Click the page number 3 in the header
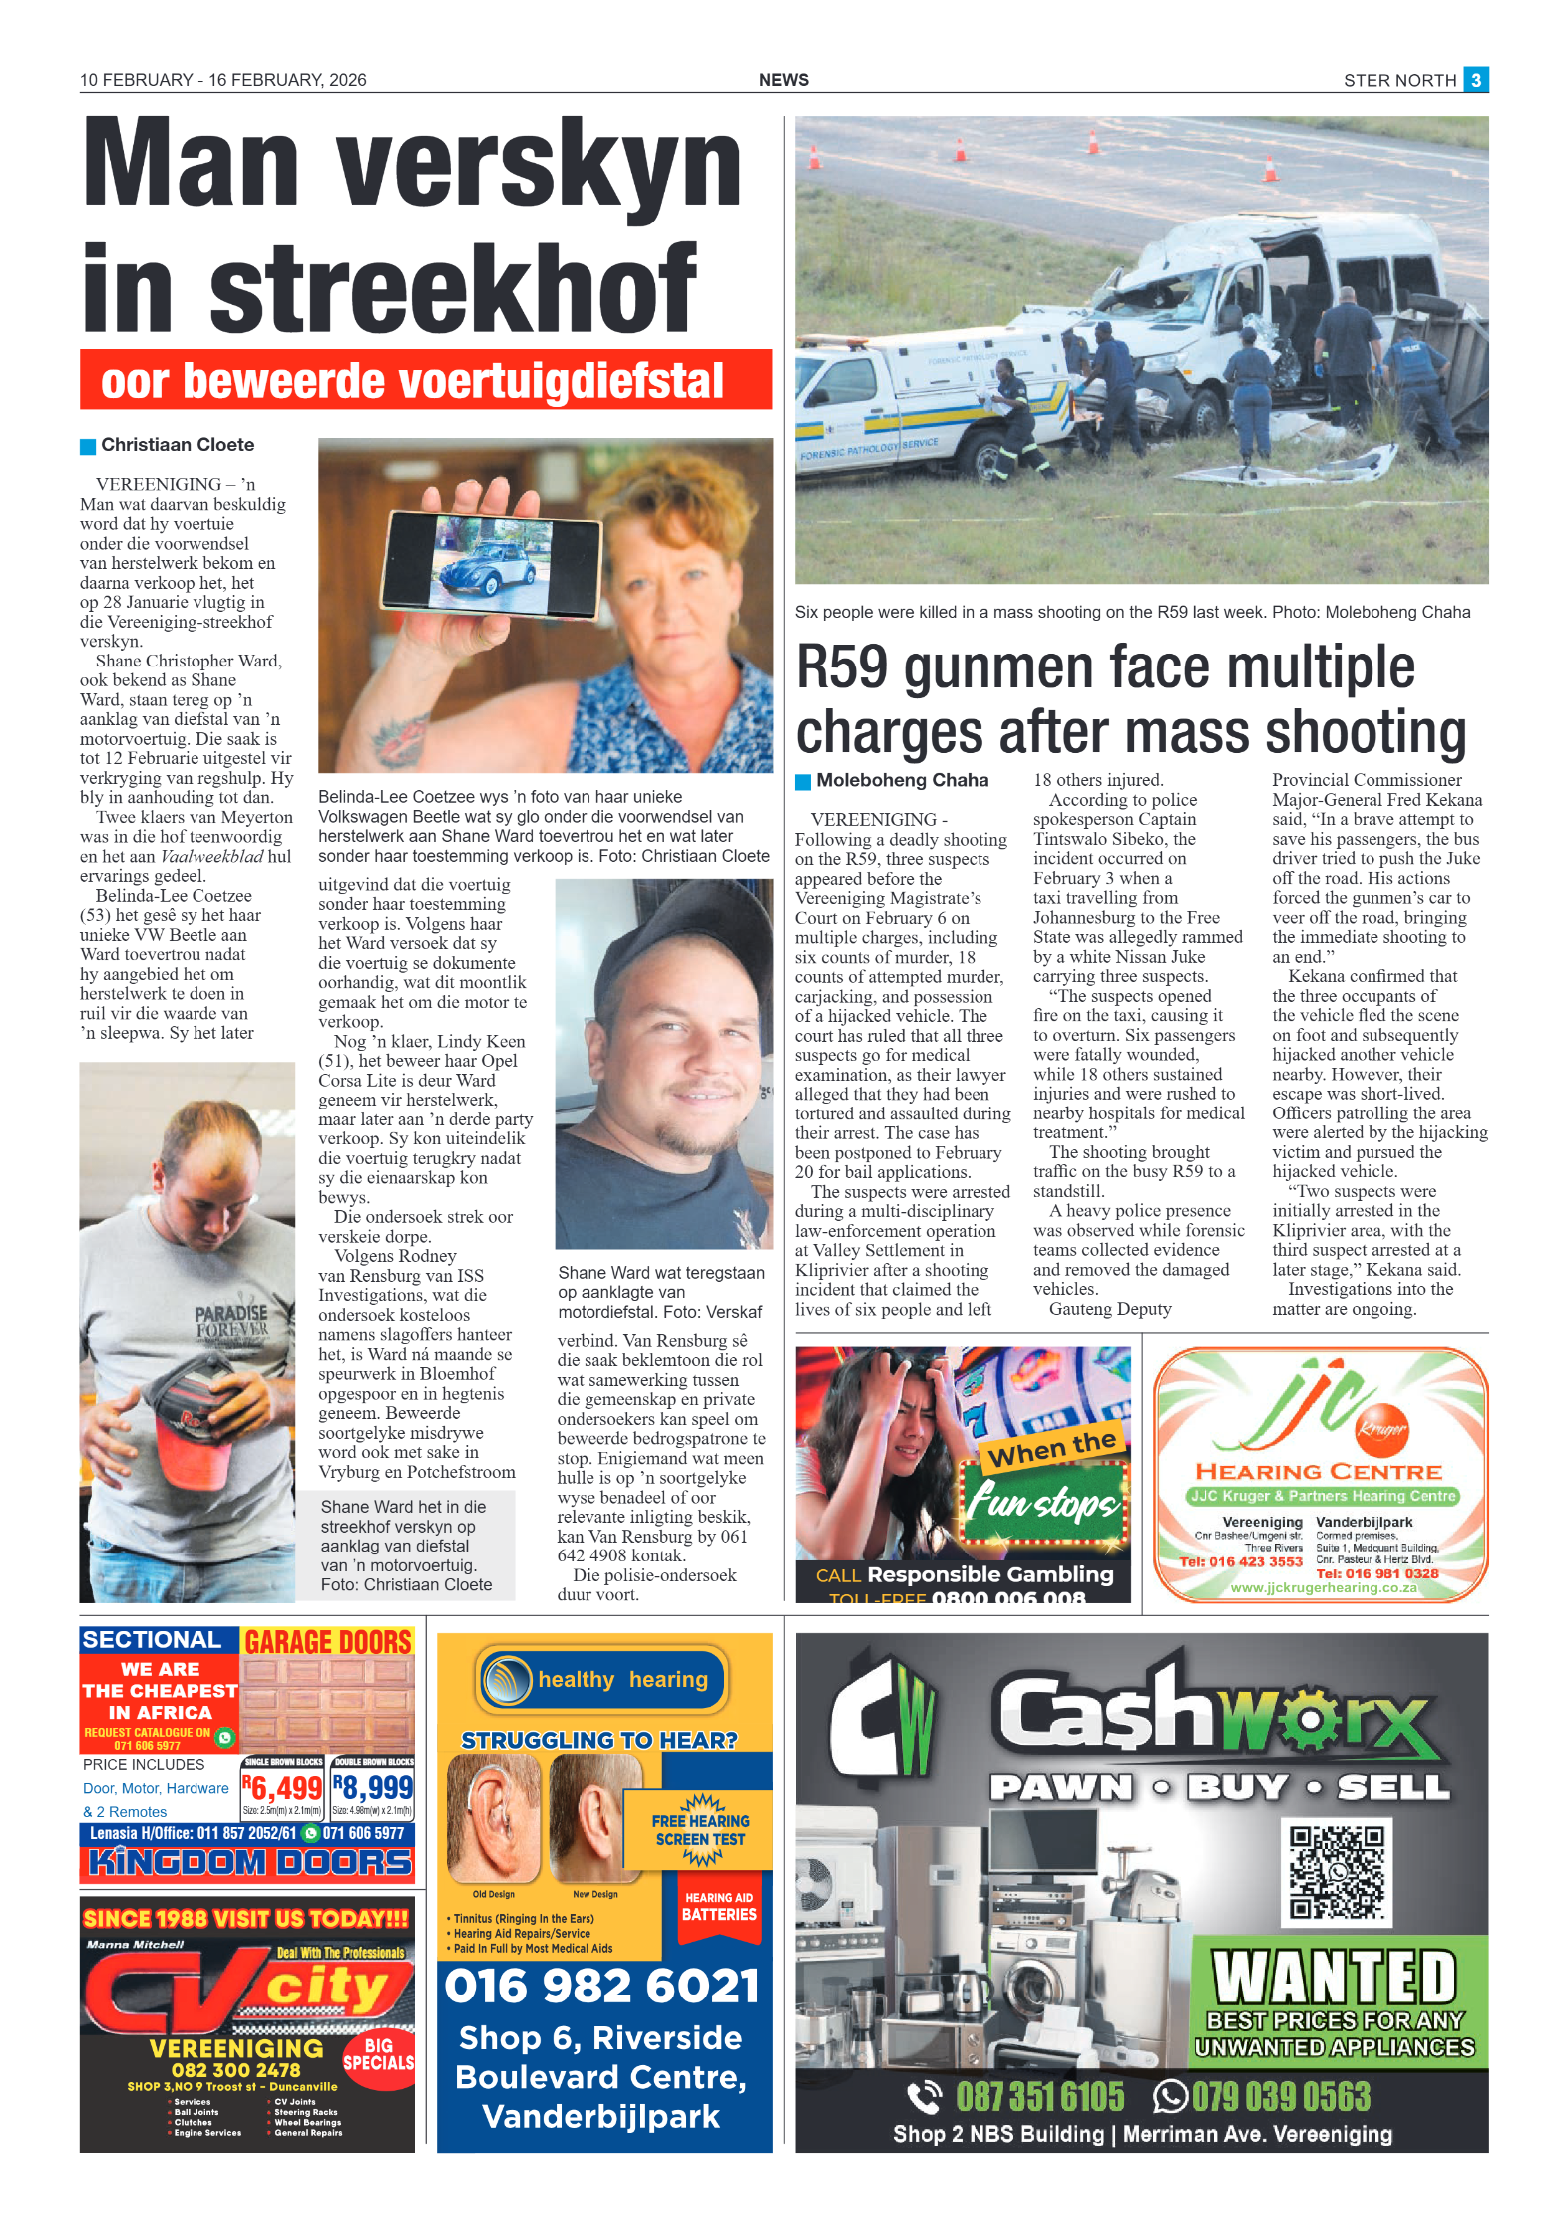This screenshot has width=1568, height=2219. [1475, 79]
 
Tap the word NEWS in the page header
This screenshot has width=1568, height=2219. [783, 80]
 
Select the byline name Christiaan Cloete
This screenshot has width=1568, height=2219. [178, 445]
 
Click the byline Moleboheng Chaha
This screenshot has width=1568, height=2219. [902, 780]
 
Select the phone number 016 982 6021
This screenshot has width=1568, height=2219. [602, 1986]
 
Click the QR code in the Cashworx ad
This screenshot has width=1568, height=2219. [1336, 1872]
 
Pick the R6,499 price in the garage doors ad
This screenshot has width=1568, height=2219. [282, 1787]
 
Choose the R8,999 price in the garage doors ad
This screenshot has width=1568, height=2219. [373, 1787]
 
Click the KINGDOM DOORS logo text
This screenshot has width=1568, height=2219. [248, 1861]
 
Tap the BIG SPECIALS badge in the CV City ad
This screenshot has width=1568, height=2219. [378, 2054]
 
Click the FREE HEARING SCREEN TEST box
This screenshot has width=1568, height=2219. [700, 1829]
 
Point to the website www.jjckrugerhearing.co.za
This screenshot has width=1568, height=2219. [1323, 1587]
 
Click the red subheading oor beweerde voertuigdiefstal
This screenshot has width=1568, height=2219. [413, 381]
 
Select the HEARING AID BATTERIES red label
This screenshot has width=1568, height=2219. [718, 1907]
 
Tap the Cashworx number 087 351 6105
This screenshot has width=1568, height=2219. [1039, 2096]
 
